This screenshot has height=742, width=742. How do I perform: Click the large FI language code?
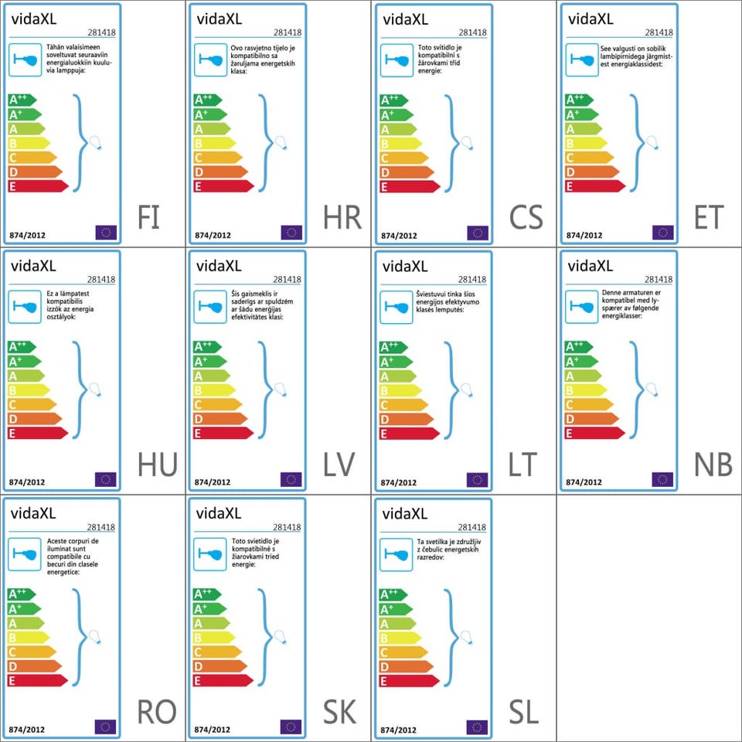[148, 218]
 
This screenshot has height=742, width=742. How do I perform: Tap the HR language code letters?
[342, 218]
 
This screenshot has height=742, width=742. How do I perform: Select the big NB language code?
[712, 465]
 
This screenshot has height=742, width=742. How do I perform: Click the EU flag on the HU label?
[105, 479]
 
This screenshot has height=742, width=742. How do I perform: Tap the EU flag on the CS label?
[477, 233]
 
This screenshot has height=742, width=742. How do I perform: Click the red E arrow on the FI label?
[37, 186]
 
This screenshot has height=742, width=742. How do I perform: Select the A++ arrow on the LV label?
[207, 347]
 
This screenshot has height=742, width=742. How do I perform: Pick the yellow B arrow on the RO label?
[28, 638]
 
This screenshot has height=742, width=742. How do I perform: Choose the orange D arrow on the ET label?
[591, 172]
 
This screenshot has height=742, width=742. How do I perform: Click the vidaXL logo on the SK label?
[219, 514]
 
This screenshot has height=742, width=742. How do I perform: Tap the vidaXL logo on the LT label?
[404, 267]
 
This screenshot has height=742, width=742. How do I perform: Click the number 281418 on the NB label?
[658, 280]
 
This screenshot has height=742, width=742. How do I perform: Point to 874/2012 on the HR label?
[213, 235]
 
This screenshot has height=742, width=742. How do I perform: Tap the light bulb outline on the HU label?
[95, 390]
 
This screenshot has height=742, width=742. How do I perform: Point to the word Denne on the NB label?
[611, 294]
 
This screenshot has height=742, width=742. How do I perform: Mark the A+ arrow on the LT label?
[393, 362]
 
